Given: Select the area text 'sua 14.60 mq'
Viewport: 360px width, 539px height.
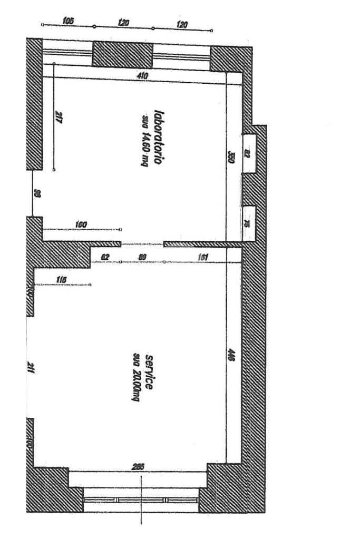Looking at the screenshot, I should (146, 133).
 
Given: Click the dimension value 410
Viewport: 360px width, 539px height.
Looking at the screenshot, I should (142, 76).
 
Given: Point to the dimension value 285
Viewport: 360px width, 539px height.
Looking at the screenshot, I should (138, 466).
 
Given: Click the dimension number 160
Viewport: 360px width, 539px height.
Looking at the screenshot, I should (81, 225).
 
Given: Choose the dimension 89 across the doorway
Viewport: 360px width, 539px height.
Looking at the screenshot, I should (142, 257).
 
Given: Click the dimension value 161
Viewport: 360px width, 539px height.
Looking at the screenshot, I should (203, 257).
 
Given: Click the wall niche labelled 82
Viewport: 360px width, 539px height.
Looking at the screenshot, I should (249, 153).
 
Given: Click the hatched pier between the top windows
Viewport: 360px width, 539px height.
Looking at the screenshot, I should (122, 54).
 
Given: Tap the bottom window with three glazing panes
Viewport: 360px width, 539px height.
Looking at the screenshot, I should (141, 499).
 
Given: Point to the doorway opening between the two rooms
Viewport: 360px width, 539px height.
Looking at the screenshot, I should (142, 244).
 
